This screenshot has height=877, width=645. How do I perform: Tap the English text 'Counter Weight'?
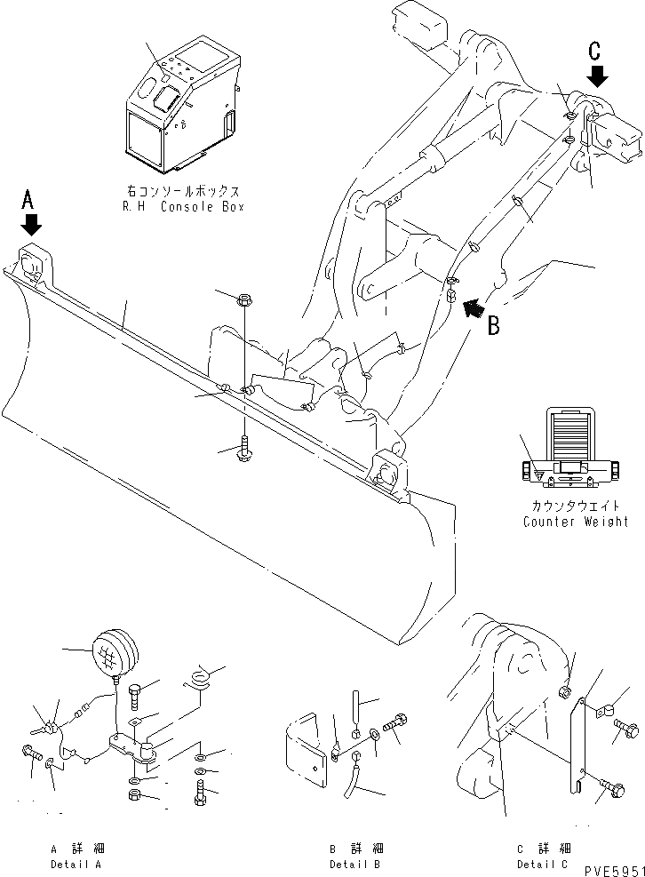click(x=575, y=521)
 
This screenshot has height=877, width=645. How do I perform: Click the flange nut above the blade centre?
click(x=244, y=302)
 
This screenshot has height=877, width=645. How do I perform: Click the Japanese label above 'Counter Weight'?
click(x=575, y=506)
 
